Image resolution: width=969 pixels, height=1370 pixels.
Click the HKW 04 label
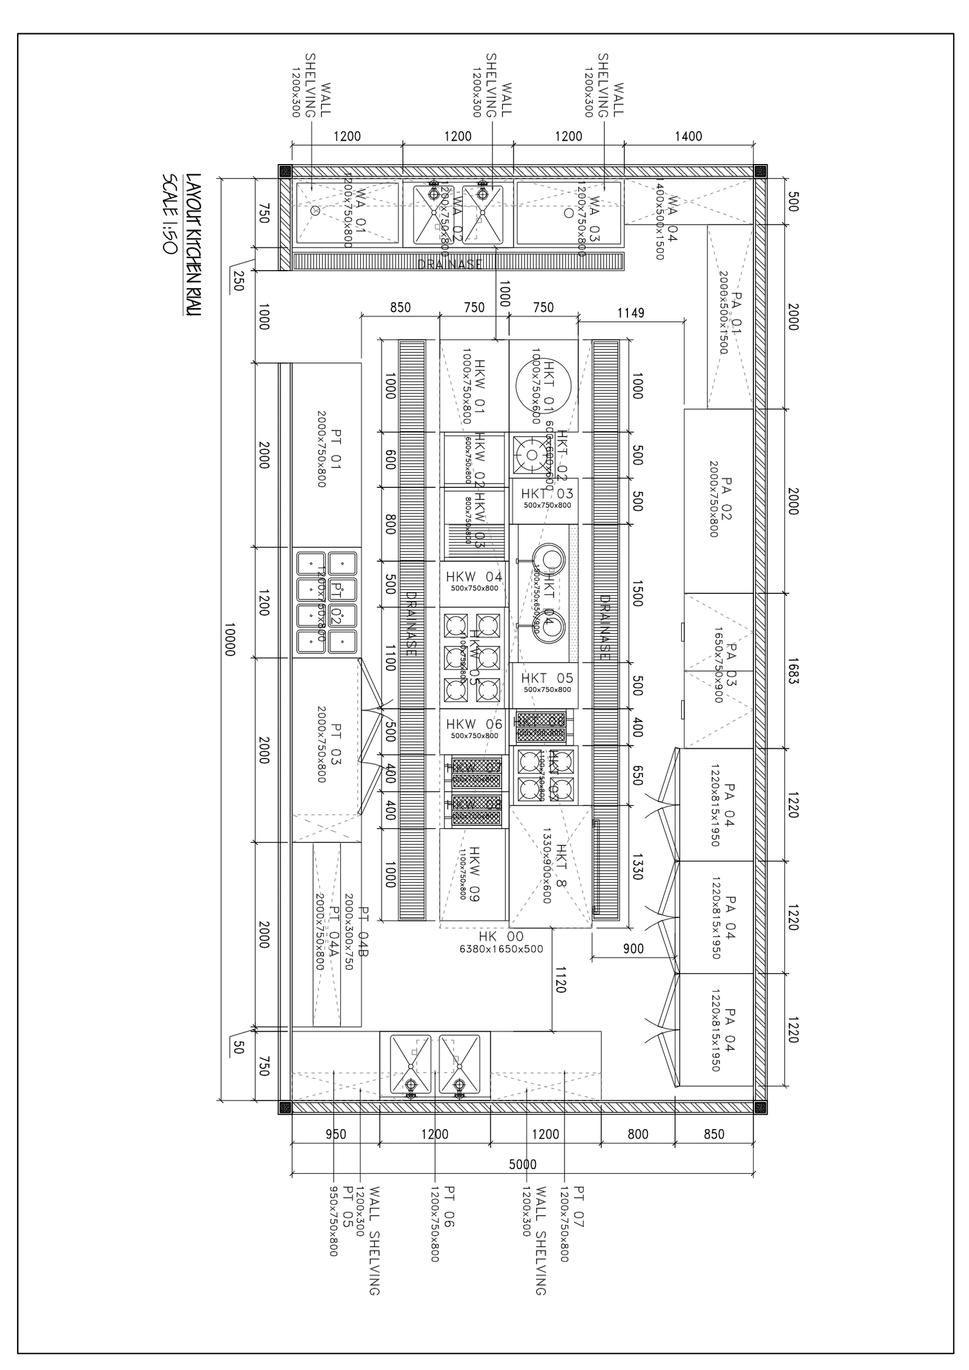[474, 576]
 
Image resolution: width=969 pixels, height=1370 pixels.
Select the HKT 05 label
[547, 679]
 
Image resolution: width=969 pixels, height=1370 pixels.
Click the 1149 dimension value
[630, 313]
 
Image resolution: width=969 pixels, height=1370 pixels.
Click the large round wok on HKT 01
[544, 385]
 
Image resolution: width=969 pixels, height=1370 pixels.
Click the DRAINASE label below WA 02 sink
[450, 264]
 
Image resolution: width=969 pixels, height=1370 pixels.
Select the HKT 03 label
[547, 494]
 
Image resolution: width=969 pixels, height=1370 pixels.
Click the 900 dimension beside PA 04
[633, 949]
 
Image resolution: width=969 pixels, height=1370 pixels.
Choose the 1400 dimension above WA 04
[689, 136]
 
